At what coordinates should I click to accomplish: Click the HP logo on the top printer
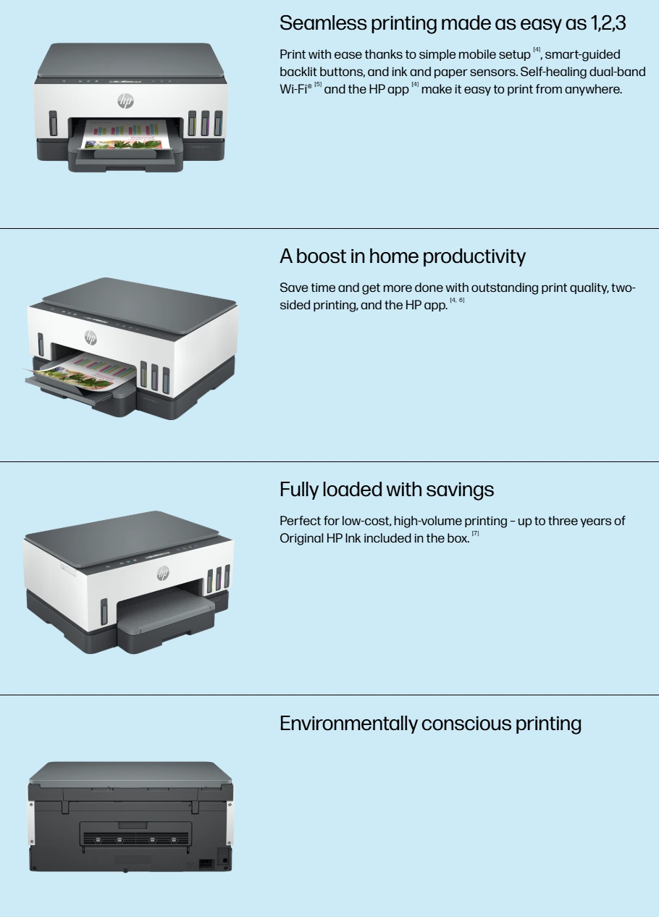point(126,101)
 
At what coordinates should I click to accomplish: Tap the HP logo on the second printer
point(91,338)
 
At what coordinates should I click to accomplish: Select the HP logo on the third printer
point(163,573)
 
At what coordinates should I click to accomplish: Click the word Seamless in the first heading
point(323,23)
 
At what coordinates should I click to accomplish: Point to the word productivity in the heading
point(474,257)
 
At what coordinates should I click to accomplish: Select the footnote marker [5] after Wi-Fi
point(318,84)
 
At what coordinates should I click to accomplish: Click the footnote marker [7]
point(475,533)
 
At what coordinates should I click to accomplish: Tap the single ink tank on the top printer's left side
point(53,123)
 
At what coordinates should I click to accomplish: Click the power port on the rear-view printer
point(206,864)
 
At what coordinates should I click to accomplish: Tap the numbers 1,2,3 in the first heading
point(608,23)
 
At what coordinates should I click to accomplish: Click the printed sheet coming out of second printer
point(82,369)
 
